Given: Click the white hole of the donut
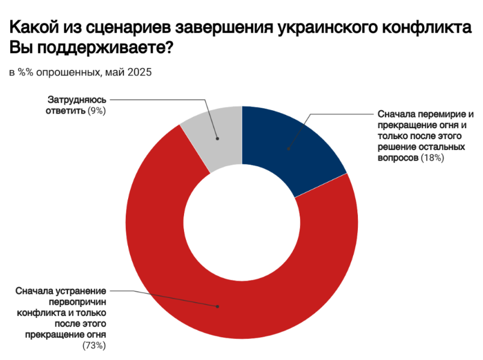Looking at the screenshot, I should [242, 223].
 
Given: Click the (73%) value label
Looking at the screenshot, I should [94, 346].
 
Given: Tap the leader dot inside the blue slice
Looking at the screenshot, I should [288, 149].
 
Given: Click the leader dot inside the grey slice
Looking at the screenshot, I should [218, 139].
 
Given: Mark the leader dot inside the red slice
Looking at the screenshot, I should [217, 306].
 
